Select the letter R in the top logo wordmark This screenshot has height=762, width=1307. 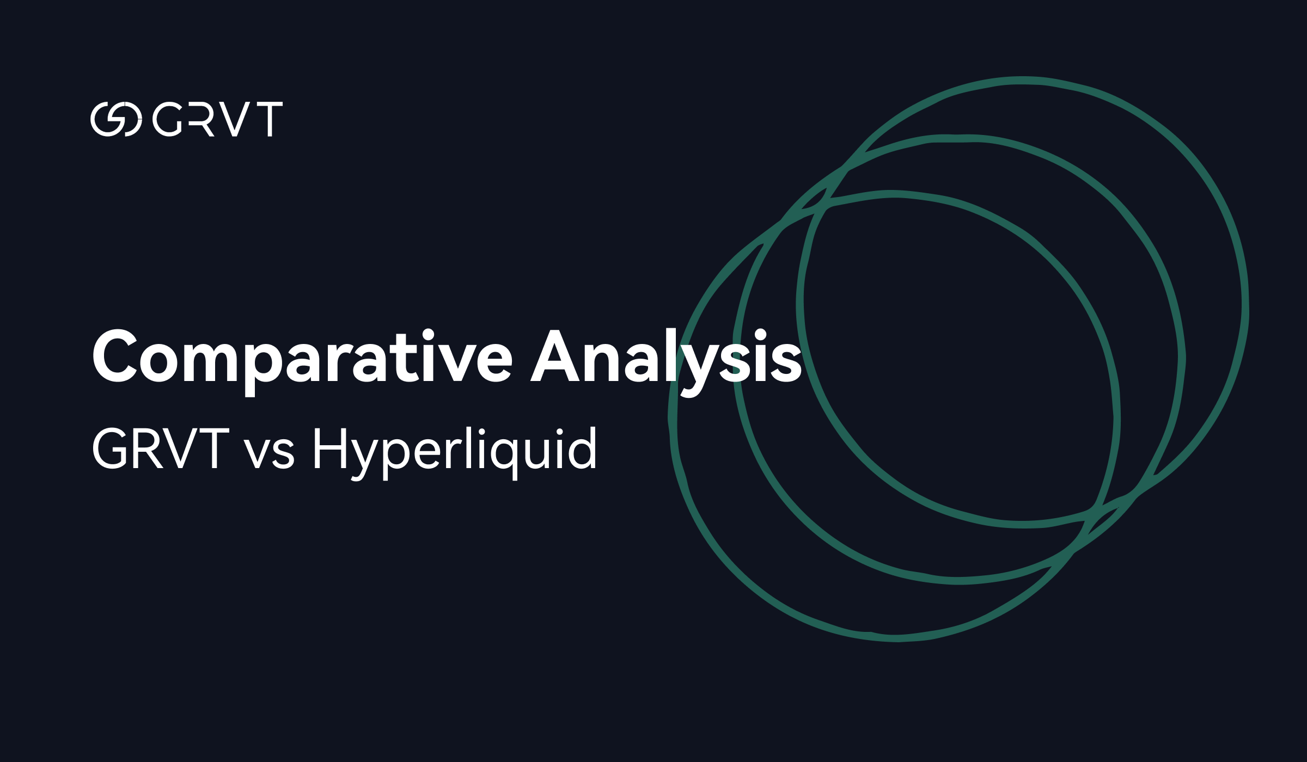tap(201, 119)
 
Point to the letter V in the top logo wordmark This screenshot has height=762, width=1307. tap(235, 119)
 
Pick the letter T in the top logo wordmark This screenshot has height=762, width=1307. tap(269, 119)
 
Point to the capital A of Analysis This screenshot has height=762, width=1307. tap(555, 355)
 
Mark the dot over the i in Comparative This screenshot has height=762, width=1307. tap(428, 334)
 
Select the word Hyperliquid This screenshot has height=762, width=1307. tap(455, 452)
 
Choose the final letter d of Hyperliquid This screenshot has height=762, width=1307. tap(582, 447)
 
